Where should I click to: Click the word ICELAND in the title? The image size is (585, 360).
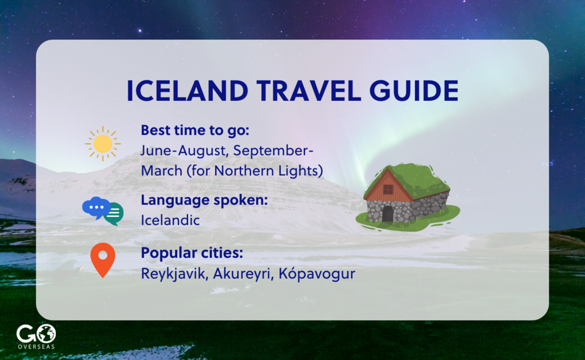(187, 91)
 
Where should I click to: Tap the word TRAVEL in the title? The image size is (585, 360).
(309, 91)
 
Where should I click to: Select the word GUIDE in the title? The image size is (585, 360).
(414, 91)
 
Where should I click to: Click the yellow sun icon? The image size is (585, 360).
(103, 144)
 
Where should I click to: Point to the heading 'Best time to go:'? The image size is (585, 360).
(195, 130)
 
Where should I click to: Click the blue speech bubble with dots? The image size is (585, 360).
(96, 208)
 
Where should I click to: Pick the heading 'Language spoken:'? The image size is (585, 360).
(204, 200)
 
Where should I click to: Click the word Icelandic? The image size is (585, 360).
(170, 220)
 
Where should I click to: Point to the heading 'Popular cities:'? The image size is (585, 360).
(192, 253)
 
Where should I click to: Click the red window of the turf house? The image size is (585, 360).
(388, 189)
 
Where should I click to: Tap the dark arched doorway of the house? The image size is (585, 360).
(388, 213)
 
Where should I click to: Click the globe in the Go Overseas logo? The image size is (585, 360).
(46, 333)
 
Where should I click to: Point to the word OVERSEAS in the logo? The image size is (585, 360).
(36, 347)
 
